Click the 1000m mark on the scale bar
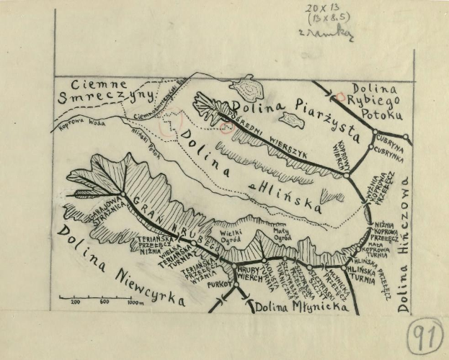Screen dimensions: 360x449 (x=135, y=302)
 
